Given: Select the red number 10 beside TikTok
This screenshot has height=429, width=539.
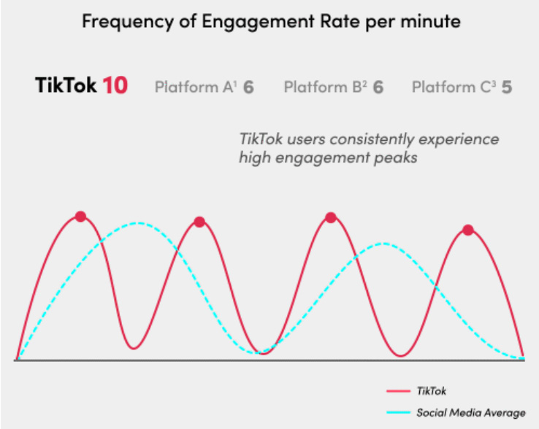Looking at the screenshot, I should pyautogui.click(x=115, y=86).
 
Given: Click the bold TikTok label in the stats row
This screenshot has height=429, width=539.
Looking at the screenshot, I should pyautogui.click(x=66, y=86).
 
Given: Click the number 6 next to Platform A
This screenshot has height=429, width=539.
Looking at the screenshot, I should pyautogui.click(x=248, y=88).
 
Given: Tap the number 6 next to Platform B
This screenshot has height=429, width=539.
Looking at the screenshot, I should pyautogui.click(x=378, y=88).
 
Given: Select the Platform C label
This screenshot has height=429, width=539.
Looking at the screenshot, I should pyautogui.click(x=454, y=88).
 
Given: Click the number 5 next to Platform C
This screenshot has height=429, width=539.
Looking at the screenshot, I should pyautogui.click(x=506, y=88).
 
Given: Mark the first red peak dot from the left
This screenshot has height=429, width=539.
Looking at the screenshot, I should pyautogui.click(x=80, y=216).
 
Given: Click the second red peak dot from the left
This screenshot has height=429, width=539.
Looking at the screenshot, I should pyautogui.click(x=199, y=222).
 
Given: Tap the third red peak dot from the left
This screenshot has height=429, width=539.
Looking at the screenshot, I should pyautogui.click(x=330, y=217).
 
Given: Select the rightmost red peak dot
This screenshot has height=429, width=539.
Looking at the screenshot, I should pyautogui.click(x=468, y=230).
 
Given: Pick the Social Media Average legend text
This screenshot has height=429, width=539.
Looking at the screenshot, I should pyautogui.click(x=470, y=412).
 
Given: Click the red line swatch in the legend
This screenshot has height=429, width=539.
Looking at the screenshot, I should pyautogui.click(x=397, y=391).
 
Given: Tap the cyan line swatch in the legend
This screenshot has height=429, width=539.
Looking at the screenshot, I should pyautogui.click(x=397, y=412).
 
